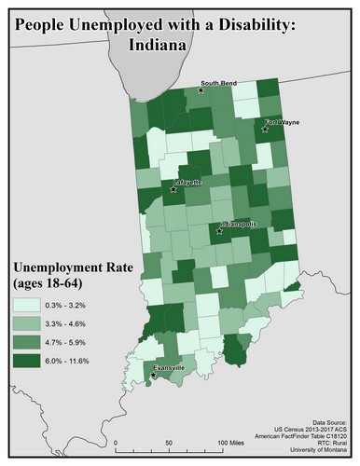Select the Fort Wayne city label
[283, 122]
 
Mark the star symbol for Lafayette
[172, 191]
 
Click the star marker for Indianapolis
[220, 231]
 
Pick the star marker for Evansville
[154, 377]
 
